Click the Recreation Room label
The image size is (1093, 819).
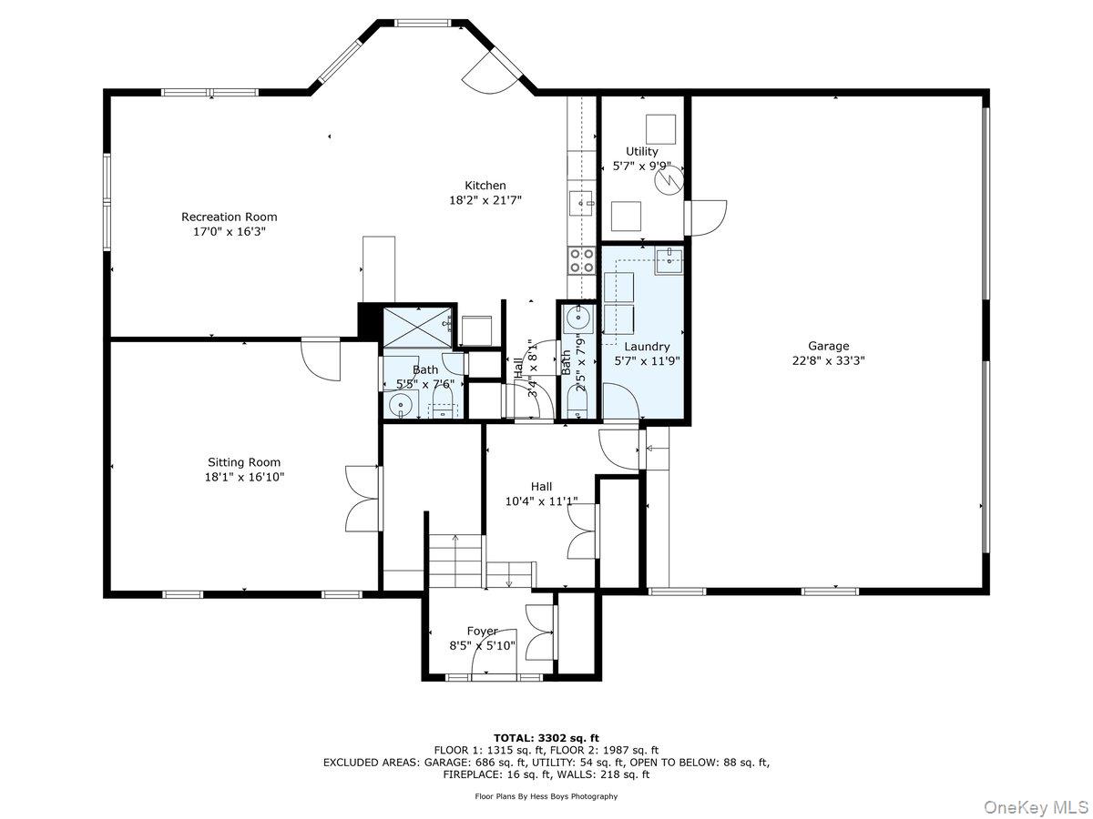tap(229, 217)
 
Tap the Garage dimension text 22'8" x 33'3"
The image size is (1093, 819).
tap(828, 359)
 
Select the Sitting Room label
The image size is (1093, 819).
tap(244, 462)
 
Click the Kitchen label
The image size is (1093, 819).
tap(485, 186)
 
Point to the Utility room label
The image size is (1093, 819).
tap(641, 151)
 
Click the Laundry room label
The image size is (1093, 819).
tap(647, 347)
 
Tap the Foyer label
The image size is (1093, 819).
tap(482, 631)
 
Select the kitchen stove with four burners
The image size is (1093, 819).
tap(581, 260)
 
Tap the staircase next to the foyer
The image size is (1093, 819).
tap(455, 560)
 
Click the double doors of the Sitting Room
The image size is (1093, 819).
tap(363, 496)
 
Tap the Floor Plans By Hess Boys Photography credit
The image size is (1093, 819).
tap(546, 796)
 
